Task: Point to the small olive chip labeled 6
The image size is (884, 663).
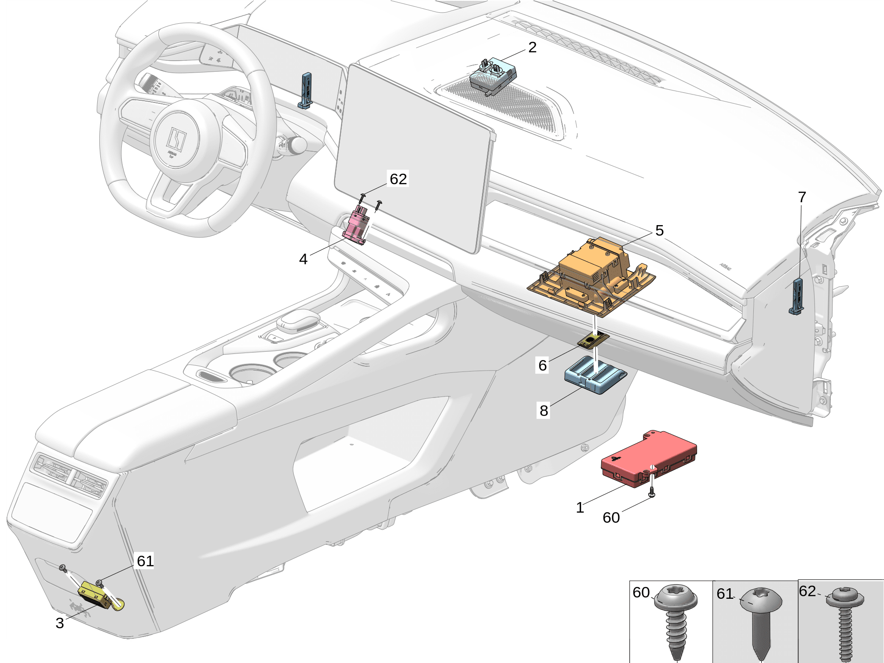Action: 593,340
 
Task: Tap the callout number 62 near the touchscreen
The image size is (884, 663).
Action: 398,179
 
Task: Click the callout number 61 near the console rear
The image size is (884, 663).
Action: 145,561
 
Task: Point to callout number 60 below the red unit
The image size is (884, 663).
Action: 611,517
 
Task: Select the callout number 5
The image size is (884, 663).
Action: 659,230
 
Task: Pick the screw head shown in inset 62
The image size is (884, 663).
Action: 844,597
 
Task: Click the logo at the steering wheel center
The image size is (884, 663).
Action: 176,139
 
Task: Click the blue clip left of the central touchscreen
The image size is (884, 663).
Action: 306,90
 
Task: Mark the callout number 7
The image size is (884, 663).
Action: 802,197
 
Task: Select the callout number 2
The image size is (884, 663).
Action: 532,47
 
